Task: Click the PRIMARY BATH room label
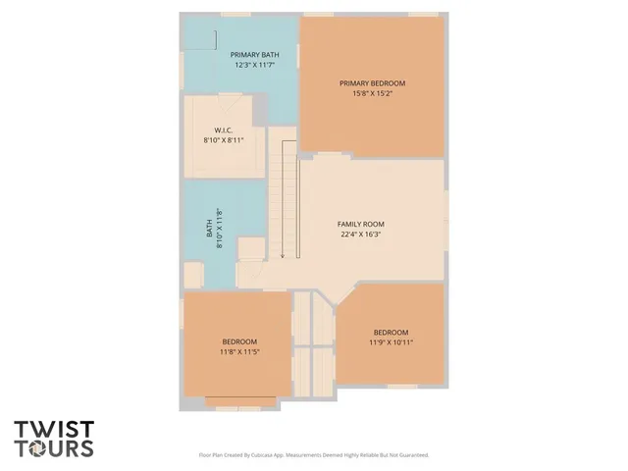253,54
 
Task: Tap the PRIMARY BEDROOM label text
372,83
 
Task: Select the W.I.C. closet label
223,130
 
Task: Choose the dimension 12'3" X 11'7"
253,65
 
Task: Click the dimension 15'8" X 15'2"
372,94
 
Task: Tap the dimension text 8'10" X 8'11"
223,140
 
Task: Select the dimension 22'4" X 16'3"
361,235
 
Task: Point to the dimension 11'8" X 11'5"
239,351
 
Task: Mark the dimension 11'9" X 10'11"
391,342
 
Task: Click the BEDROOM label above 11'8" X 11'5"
239,340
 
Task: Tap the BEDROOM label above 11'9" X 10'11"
391,332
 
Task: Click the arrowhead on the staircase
282,256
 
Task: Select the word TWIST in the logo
54,430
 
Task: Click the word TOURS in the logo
61,448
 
